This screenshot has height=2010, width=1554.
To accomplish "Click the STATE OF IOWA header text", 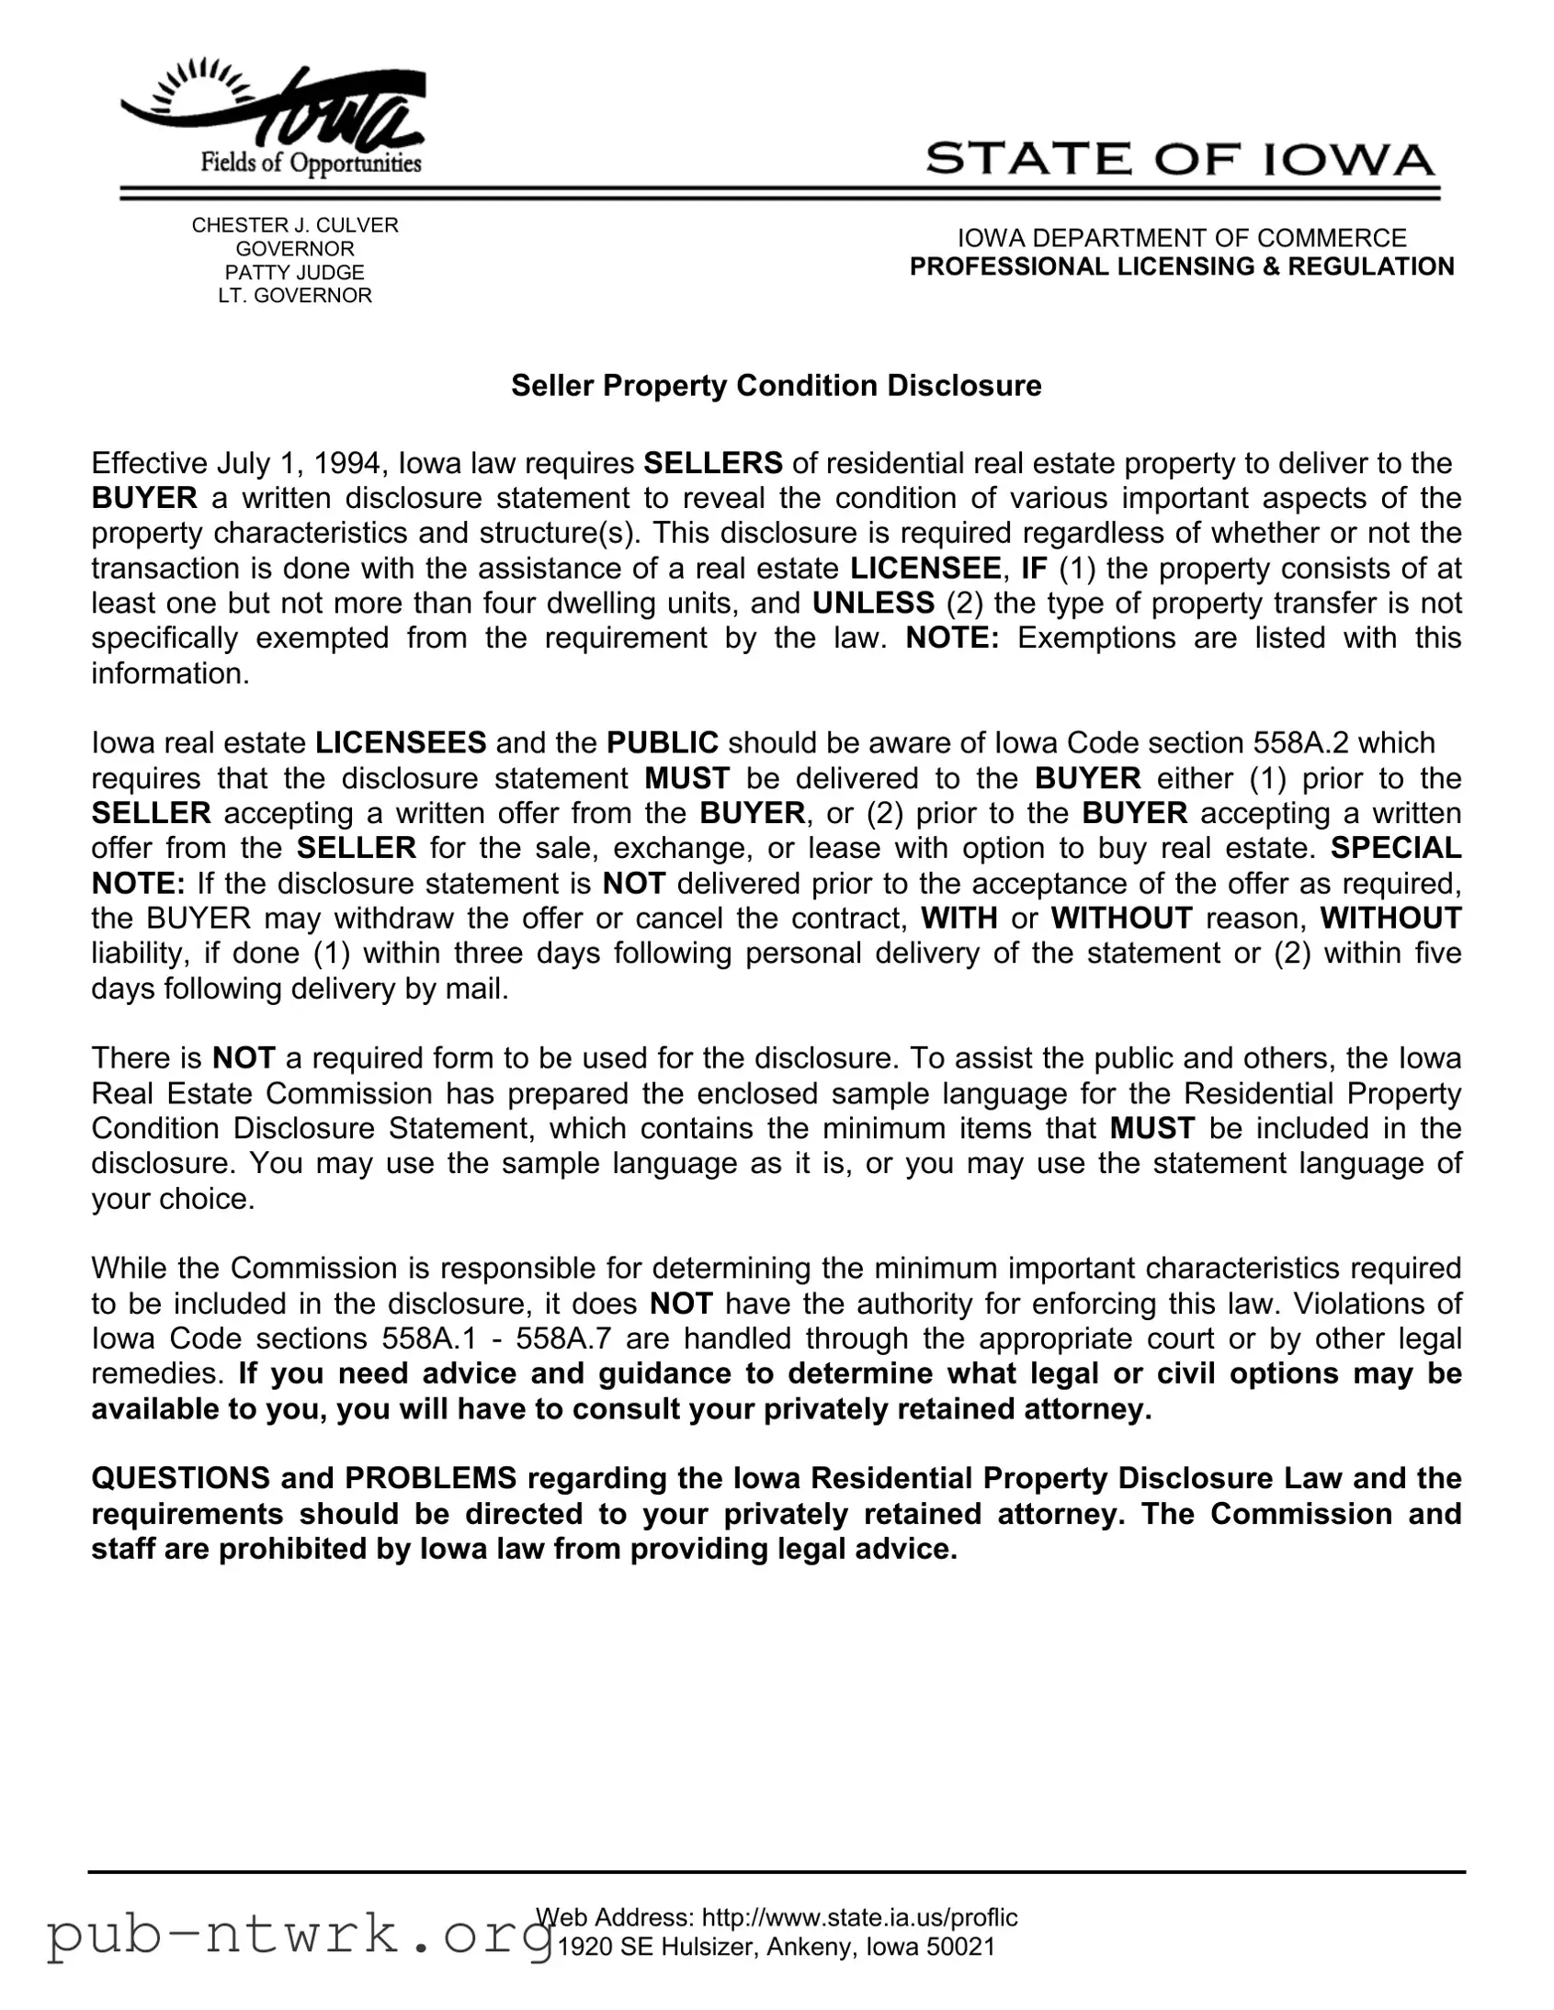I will pyautogui.click(x=1179, y=159).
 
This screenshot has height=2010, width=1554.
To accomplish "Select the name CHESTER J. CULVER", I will pyautogui.click(x=295, y=225).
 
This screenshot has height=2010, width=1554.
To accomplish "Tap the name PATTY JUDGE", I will pyautogui.click(x=295, y=273).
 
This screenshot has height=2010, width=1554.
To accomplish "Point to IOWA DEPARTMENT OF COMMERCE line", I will pyautogui.click(x=1181, y=238).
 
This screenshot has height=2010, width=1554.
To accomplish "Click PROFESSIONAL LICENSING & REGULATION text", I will pyautogui.click(x=1181, y=267).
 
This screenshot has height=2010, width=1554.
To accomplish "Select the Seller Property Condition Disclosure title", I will pyautogui.click(x=776, y=386).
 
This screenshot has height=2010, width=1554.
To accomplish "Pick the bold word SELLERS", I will pyautogui.click(x=712, y=463).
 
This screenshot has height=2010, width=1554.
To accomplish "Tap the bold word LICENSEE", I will pyautogui.click(x=925, y=568).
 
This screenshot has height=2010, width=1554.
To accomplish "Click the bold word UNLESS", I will pyautogui.click(x=873, y=603).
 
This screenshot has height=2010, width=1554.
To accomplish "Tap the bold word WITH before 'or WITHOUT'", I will pyautogui.click(x=959, y=918).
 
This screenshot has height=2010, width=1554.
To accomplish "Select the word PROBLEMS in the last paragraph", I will pyautogui.click(x=431, y=1478).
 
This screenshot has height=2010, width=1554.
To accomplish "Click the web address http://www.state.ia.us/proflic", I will pyautogui.click(x=859, y=1917).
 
